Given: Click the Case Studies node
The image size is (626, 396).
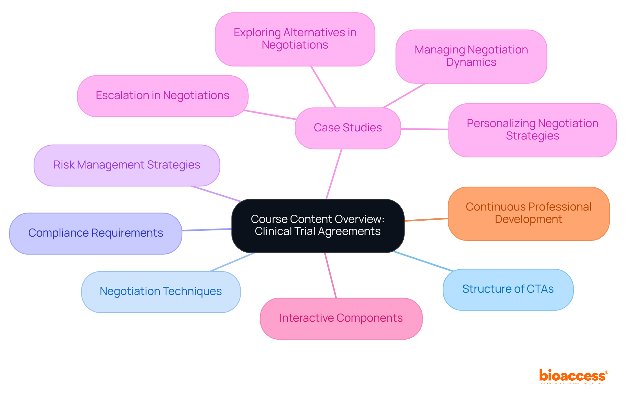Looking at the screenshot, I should tap(348, 128).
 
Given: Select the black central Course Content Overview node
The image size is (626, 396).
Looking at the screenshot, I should tap(318, 226).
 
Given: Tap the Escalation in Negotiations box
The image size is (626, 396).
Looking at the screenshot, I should tap(162, 96).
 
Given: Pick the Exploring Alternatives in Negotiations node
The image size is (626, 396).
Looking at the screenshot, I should tap(295, 39).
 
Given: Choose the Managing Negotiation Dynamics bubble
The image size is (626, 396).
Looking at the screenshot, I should tap(471, 56).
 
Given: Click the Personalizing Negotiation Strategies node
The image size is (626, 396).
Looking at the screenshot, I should tap(532, 130).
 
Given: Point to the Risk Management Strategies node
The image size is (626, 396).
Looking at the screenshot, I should tap(127, 165).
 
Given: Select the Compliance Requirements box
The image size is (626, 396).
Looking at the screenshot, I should tap(95, 233).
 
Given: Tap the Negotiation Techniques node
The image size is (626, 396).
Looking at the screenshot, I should tap(160, 292).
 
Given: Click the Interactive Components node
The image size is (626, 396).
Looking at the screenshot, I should tap(341, 318).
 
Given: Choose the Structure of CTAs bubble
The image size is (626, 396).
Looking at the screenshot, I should tap(508, 289).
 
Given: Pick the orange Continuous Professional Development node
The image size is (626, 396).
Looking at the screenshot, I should tap(528, 213).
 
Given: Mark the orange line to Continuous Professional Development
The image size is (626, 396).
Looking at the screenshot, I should tap(426, 220).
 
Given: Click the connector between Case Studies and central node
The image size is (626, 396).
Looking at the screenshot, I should tap(334, 174).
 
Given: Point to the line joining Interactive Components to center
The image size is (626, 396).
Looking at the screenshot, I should tap(330, 275).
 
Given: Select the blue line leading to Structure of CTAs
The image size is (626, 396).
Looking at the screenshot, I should tap(423, 261).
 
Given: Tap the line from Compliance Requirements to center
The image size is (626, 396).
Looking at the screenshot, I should tap(207, 230).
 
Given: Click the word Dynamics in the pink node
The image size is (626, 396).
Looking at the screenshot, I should tap(471, 62).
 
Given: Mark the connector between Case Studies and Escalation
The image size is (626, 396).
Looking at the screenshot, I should tap(270, 115).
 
